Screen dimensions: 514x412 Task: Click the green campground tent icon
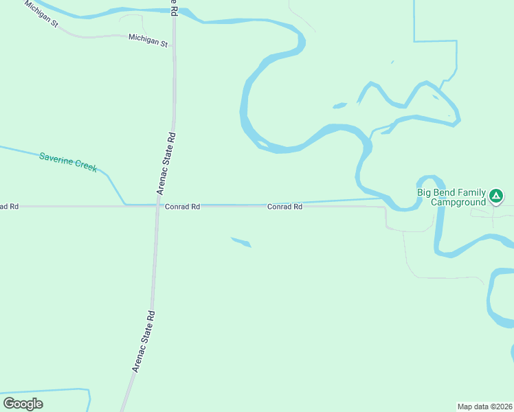(495, 197)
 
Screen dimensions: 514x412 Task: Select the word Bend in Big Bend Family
(447, 193)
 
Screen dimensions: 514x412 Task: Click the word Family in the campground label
(473, 193)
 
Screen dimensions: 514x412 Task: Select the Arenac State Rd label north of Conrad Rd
(168, 163)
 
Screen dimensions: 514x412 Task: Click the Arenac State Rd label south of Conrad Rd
(144, 342)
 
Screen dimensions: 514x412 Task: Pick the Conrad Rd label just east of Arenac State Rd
(182, 206)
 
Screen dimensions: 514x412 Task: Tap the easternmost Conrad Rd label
(284, 206)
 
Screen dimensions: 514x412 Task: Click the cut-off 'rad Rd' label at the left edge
(9, 206)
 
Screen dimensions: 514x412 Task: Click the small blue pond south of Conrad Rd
(241, 242)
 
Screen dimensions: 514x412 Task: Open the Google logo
(23, 404)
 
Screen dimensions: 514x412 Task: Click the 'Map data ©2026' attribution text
(484, 406)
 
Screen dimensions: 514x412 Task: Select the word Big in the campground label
(425, 193)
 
